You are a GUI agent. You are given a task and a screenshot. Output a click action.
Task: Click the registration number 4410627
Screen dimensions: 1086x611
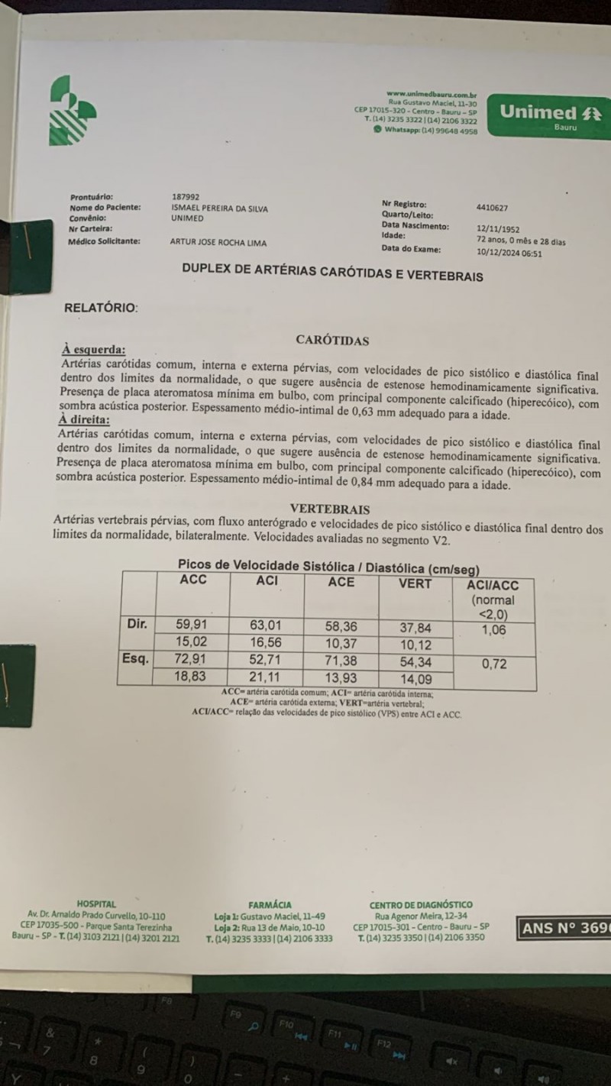pyautogui.click(x=492, y=207)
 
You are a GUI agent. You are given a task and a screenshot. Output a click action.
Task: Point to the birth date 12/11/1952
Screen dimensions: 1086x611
pyautogui.click(x=497, y=228)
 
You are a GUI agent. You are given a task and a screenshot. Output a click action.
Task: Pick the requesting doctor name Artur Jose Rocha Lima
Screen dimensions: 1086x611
pyautogui.click(x=218, y=242)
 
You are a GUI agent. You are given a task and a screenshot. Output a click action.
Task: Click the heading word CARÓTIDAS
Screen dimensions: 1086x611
pyautogui.click(x=332, y=341)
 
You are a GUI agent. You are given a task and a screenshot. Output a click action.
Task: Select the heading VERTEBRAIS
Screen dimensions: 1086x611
pyautogui.click(x=331, y=509)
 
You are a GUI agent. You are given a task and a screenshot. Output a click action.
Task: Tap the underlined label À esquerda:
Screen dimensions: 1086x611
pyautogui.click(x=93, y=349)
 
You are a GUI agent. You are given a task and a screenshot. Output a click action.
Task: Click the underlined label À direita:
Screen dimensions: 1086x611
pyautogui.click(x=84, y=419)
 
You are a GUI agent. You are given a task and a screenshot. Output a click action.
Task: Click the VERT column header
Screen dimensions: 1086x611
pyautogui.click(x=415, y=583)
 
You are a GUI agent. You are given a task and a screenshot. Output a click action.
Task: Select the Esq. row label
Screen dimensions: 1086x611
pyautogui.click(x=136, y=658)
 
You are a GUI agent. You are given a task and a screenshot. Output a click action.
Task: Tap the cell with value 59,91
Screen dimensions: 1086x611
pyautogui.click(x=192, y=624)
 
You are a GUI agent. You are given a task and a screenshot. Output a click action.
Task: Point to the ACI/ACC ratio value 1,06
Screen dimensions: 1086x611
pyautogui.click(x=494, y=630)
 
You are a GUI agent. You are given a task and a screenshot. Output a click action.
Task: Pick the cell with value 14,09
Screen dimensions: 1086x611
pyautogui.click(x=415, y=677)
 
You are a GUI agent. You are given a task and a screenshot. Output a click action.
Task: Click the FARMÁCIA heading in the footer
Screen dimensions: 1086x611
pyautogui.click(x=270, y=905)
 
